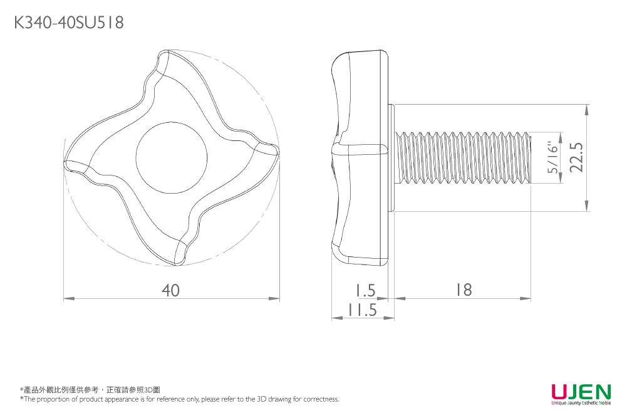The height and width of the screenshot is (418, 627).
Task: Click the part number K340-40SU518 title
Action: click(68, 23)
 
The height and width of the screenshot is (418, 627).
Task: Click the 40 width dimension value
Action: click(170, 290)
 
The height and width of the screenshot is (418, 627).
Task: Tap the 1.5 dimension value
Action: click(363, 290)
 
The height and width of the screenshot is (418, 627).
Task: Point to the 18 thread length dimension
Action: click(464, 290)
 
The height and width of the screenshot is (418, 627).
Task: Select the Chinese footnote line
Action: click(90, 390)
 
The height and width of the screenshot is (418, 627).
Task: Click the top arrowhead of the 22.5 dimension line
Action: click(587, 109)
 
